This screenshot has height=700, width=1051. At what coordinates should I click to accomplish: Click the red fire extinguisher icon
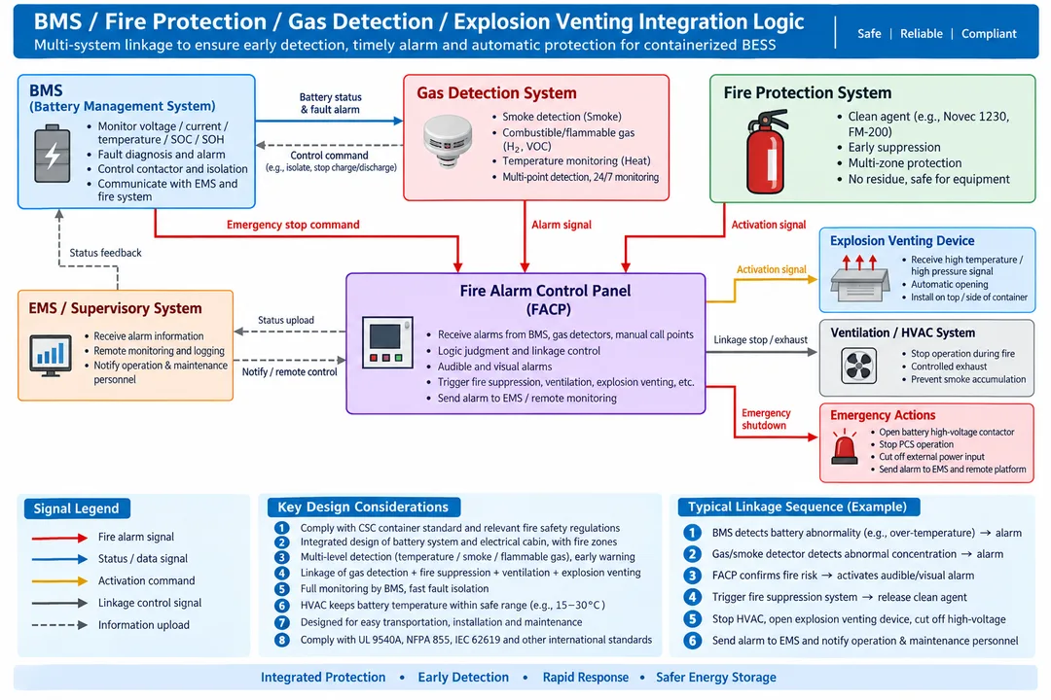766,152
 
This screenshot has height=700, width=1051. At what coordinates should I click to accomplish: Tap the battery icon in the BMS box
53,154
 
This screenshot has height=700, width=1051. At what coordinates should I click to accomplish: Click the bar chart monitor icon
51,355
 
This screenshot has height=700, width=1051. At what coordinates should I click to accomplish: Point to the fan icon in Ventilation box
858,367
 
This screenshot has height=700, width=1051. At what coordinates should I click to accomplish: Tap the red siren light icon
845,447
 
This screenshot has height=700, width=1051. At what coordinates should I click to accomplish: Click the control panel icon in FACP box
387,342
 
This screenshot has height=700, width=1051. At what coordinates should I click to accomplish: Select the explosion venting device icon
860,278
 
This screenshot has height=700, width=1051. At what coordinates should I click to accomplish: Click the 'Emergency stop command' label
293,225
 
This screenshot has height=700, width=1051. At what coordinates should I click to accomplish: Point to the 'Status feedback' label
105,253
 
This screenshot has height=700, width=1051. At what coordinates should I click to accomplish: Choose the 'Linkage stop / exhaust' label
760,339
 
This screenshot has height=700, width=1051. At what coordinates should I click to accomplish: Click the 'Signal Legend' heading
77,508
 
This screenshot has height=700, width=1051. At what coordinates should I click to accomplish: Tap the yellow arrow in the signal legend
59,580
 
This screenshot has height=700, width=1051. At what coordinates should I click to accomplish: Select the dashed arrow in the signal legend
59,625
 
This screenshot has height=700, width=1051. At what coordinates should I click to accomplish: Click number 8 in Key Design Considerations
282,640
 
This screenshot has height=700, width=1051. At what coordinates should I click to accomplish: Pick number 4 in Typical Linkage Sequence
693,597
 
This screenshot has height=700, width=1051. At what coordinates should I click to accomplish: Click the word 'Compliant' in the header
989,33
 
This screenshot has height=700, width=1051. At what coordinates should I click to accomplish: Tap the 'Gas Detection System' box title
496,93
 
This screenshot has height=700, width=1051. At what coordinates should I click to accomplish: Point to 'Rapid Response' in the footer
586,678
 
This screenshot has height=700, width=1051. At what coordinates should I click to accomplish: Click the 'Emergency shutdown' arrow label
766,419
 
